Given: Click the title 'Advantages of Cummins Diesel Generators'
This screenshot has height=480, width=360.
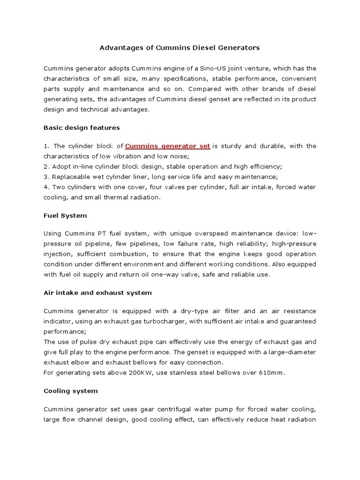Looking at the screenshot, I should coord(180,48).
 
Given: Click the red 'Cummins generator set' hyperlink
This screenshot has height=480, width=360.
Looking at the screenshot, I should coord(167,146).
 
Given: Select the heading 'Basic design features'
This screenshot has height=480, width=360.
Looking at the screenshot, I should coord(82,127).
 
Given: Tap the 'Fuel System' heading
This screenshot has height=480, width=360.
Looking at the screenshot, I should coord(65,216).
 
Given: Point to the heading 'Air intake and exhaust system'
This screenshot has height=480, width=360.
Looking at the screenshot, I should coord(97,292).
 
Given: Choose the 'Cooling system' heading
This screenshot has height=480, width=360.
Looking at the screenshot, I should coord(71,390).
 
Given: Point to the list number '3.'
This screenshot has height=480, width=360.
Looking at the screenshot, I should coord(46,177).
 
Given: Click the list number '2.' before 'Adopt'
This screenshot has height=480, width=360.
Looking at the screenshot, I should coord(46,166).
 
